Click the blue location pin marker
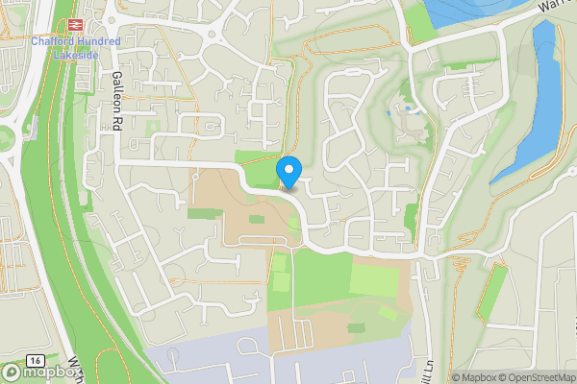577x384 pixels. point(288,172)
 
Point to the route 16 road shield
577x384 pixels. point(35,358)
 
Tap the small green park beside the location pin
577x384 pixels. point(260,168)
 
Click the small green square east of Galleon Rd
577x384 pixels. point(152,128)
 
